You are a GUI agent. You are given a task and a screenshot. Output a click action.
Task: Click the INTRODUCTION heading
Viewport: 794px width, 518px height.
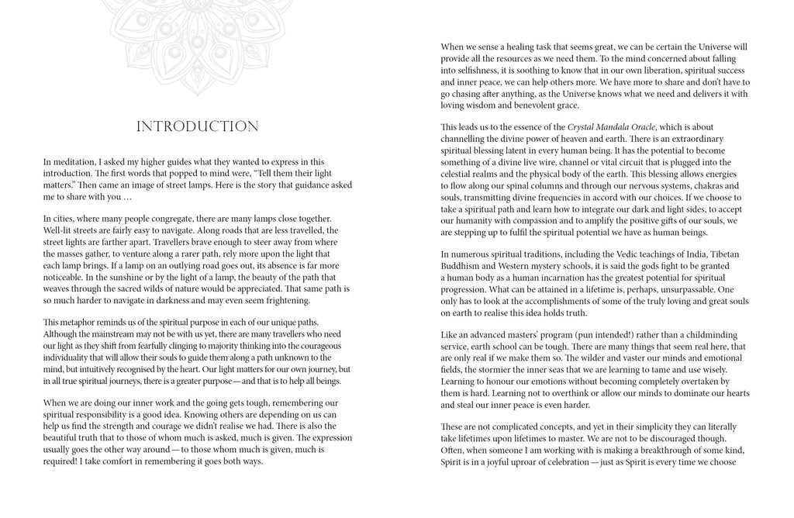(197, 126)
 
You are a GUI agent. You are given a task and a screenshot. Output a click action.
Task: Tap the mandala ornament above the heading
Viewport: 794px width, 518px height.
(196, 27)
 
